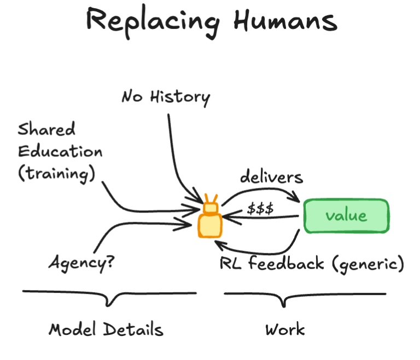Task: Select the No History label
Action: [x=165, y=97]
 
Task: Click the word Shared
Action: [x=46, y=130]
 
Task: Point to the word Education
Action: [x=60, y=151]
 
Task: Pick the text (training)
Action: [x=56, y=174]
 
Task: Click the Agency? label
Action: [x=81, y=263]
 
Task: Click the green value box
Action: [x=346, y=216]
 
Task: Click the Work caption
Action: [x=284, y=330]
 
